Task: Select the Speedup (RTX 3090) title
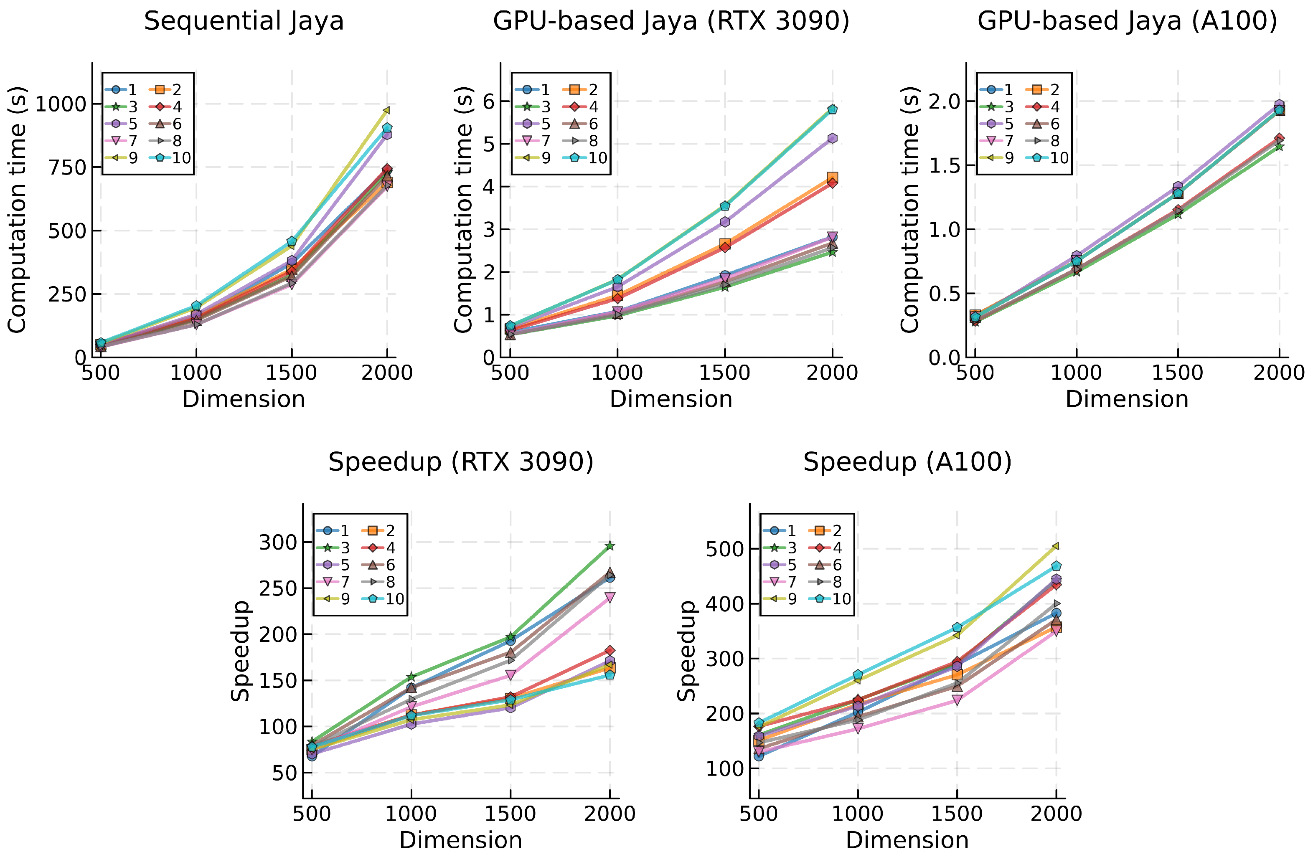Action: click(461, 462)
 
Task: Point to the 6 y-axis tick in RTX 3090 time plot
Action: click(489, 101)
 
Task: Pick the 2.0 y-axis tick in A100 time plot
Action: click(944, 101)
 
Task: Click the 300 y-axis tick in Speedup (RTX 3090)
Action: click(278, 543)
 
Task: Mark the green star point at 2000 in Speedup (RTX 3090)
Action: click(610, 546)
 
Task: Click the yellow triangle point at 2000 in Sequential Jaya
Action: click(387, 110)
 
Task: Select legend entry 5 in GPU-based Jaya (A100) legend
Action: click(1008, 124)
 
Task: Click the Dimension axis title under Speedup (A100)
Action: click(907, 840)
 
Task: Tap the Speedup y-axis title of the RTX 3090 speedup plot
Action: click(240, 651)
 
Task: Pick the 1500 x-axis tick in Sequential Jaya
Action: click(291, 373)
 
